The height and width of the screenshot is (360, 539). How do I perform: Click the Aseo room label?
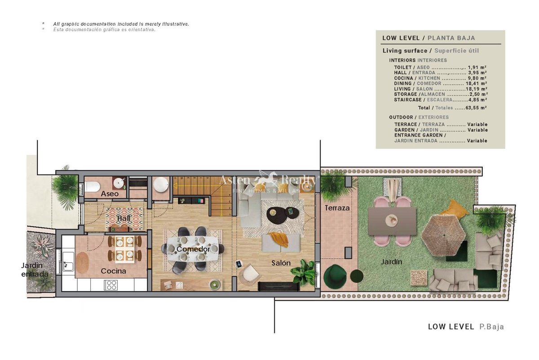coord(110,193)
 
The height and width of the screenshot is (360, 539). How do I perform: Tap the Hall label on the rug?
coord(124,218)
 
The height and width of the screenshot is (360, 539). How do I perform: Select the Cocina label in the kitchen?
coord(113,271)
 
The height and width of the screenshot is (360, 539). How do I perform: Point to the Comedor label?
coord(193,249)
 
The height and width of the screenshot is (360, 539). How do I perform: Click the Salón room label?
coord(281,263)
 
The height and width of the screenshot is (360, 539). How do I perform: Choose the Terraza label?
coord(337,208)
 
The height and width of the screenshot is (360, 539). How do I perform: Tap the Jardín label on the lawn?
coord(392,261)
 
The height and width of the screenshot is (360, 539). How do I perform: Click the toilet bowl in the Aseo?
coord(92,186)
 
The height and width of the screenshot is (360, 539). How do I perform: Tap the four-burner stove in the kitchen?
coord(110,285)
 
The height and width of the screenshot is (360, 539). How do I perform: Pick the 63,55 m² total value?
coord(476,108)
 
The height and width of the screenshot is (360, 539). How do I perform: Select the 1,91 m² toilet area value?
coord(477,67)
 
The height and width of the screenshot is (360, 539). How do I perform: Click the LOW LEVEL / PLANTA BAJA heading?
coord(429,38)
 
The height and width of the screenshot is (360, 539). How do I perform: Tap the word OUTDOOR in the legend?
coord(401,117)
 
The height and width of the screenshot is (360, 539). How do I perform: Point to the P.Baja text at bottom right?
coord(491,327)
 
